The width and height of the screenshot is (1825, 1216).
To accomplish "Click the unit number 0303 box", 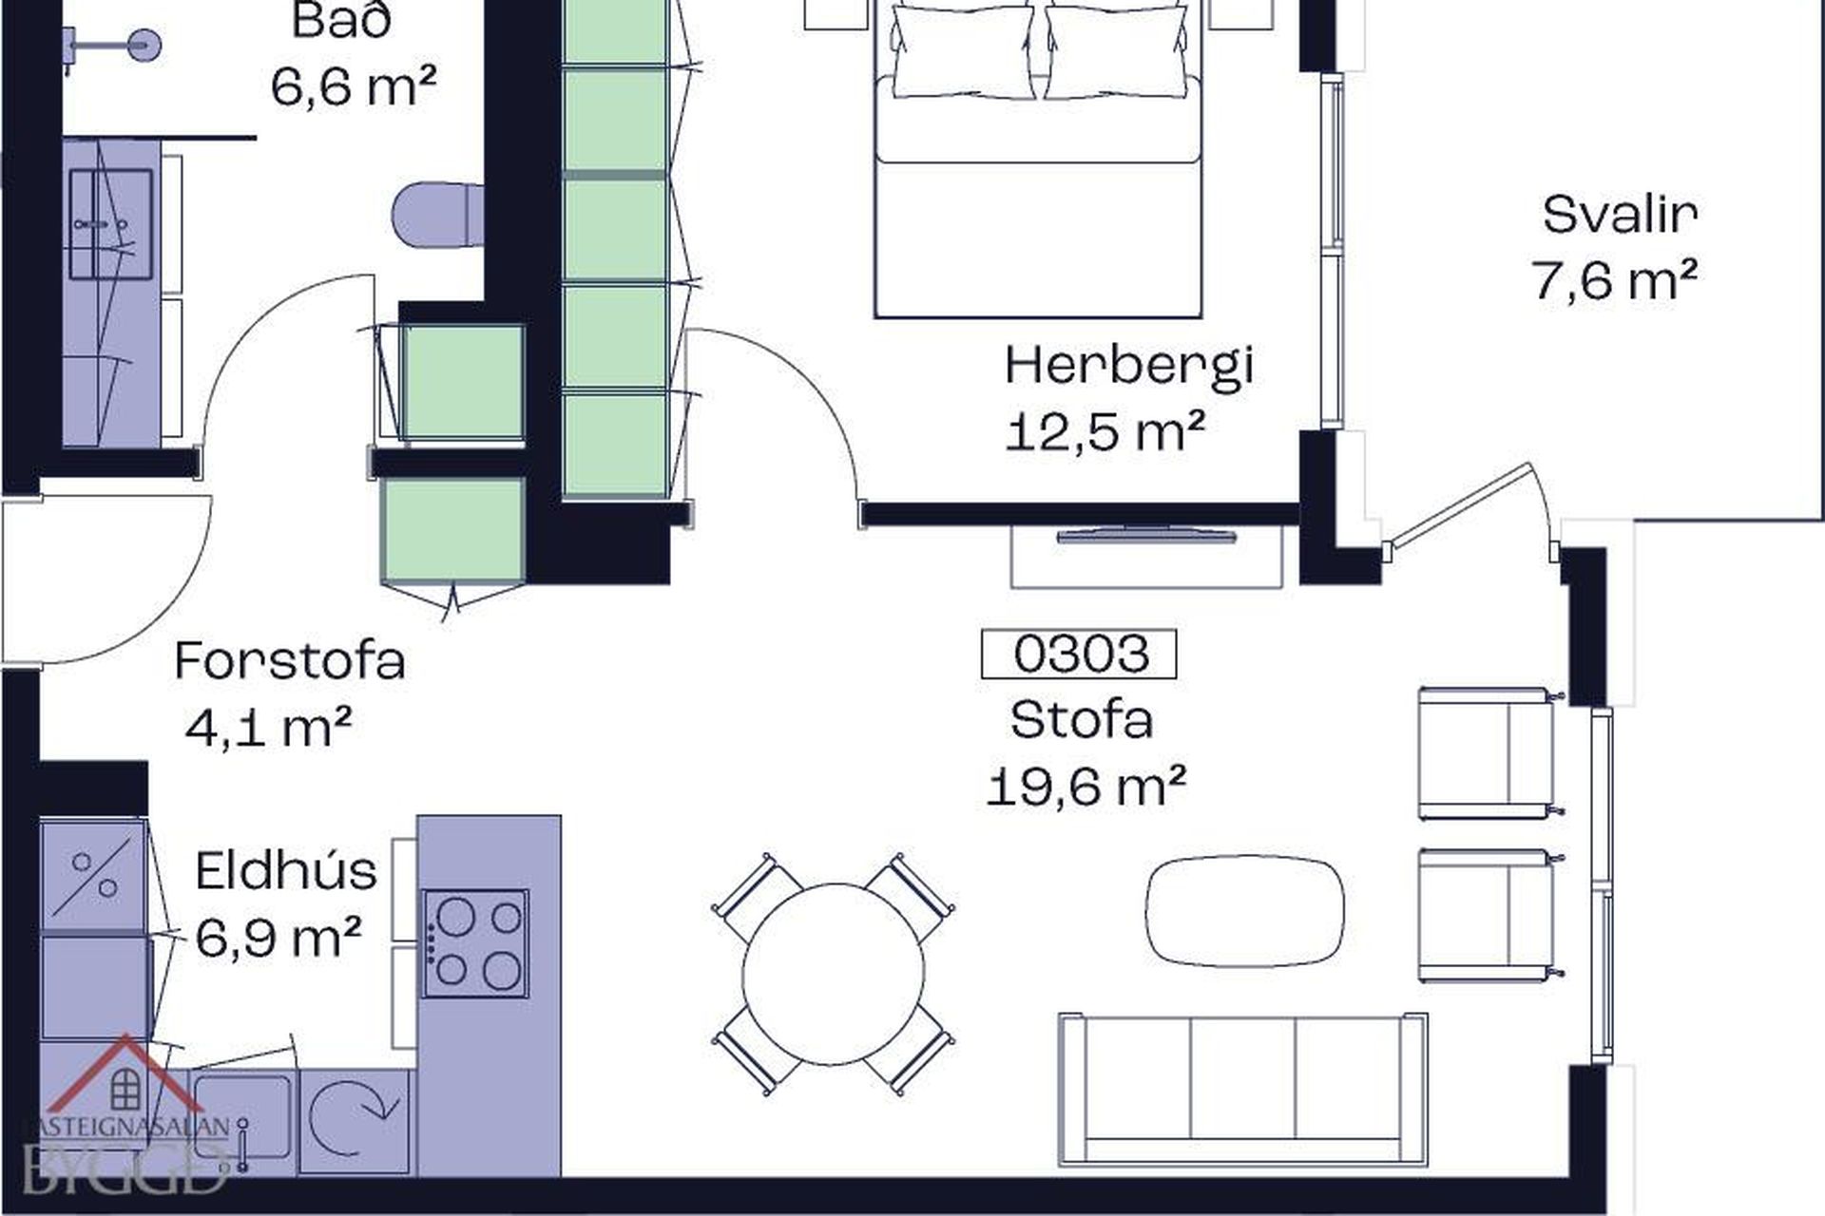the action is [x=1078, y=654].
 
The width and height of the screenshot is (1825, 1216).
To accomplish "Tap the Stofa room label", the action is [x=1082, y=720].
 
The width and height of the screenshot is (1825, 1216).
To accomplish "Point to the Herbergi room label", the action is [x=1129, y=367].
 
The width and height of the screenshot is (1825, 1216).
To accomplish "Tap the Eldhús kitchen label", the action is [x=286, y=870].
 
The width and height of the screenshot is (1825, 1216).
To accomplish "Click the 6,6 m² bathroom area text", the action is [x=354, y=87].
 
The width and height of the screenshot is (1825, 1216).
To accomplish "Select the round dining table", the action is [x=833, y=974].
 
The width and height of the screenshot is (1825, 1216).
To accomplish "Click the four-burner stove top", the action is [x=475, y=943].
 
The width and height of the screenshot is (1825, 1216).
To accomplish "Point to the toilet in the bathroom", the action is [x=438, y=214].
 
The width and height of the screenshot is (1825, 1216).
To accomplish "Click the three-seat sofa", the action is [x=1243, y=1090].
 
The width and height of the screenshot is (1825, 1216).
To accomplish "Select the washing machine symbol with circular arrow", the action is [x=354, y=1122].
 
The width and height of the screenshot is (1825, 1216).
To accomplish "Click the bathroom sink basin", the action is [x=110, y=225].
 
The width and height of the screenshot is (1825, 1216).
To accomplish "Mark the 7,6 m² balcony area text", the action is [x=1615, y=281].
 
